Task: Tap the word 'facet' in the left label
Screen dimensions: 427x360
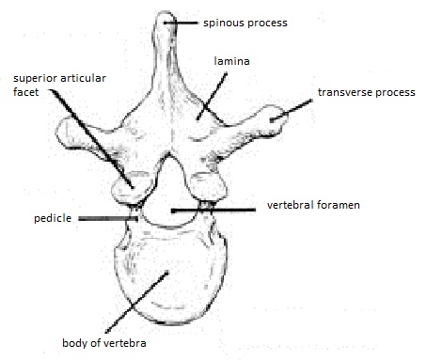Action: click(x=27, y=94)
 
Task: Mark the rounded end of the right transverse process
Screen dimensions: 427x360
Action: click(x=274, y=117)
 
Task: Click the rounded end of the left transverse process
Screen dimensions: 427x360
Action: click(x=66, y=139)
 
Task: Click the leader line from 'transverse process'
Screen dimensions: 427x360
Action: click(x=295, y=109)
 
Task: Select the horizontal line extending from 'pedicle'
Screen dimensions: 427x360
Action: click(x=108, y=219)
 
